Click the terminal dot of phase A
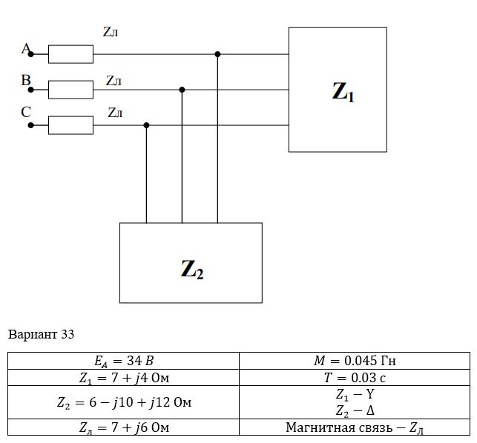(x=30, y=54)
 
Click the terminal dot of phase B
(x=30, y=90)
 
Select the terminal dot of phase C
(x=30, y=125)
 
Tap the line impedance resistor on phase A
(x=70, y=54)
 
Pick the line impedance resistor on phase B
(x=70, y=90)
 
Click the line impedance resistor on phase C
(x=70, y=125)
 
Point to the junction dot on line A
(x=217, y=54)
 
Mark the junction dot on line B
(x=182, y=90)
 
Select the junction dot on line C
(x=146, y=125)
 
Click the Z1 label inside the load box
(x=343, y=92)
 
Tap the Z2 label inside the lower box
(x=192, y=269)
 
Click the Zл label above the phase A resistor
(x=111, y=32)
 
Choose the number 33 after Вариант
(x=68, y=334)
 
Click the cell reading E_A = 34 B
(x=123, y=361)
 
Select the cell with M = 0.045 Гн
(x=355, y=361)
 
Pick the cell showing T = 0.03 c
(x=355, y=378)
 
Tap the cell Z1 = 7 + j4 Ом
(x=123, y=378)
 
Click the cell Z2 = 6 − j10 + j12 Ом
(x=123, y=402)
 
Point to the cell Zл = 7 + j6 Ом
(x=123, y=427)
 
